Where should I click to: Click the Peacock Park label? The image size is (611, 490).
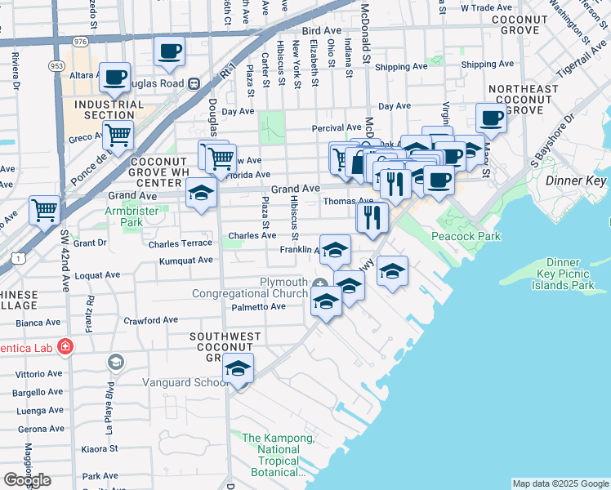click(x=466, y=236)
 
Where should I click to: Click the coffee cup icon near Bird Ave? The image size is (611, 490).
click(x=169, y=51)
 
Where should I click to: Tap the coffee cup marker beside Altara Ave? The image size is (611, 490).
click(x=114, y=77)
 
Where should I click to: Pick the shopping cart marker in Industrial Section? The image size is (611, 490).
click(x=118, y=135)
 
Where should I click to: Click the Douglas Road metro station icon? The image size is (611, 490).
click(x=194, y=83)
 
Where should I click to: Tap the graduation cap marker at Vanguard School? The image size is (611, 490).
click(x=238, y=367)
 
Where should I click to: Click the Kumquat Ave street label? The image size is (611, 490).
click(x=185, y=260)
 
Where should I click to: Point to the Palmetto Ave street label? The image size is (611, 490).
click(x=258, y=307)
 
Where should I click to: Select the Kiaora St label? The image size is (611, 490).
click(x=100, y=449)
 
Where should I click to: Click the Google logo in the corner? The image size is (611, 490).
click(x=27, y=480)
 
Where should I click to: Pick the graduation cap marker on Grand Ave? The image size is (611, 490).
click(x=200, y=194)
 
